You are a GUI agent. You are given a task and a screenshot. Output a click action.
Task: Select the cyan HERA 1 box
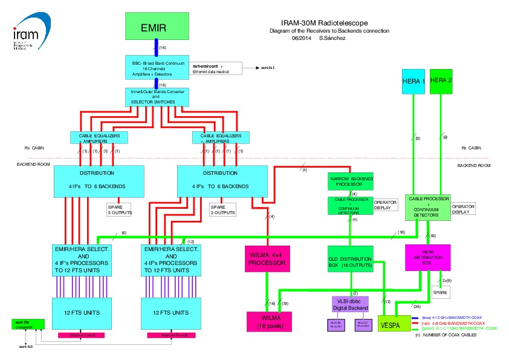(414, 81)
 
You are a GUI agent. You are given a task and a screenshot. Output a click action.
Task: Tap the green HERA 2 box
(441, 81)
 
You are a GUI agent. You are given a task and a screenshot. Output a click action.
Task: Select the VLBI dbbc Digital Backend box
(351, 304)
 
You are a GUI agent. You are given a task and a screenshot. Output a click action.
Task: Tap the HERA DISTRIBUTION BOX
(427, 257)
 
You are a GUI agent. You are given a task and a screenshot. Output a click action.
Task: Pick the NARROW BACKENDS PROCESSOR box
(351, 181)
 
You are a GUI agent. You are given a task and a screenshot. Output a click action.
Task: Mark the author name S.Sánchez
(331, 38)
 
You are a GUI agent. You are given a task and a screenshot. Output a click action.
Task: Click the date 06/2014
(300, 38)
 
